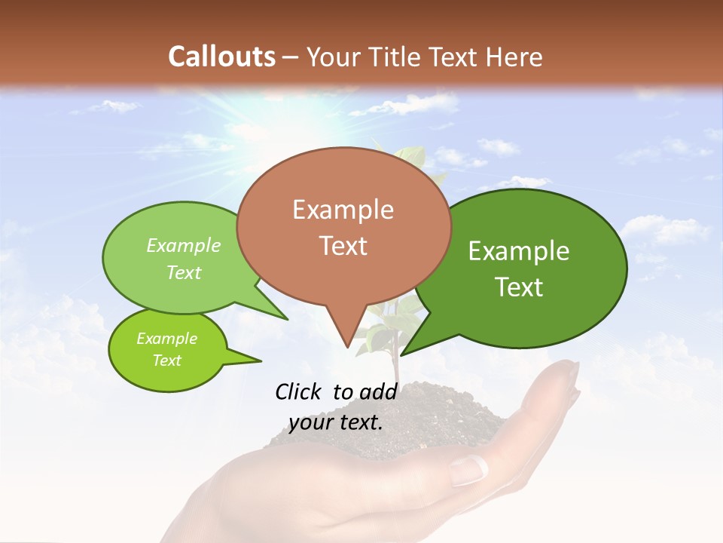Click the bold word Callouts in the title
point(221,57)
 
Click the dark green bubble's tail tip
point(401,355)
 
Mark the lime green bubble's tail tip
point(261,361)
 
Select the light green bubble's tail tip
point(288,320)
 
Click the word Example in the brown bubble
point(343,210)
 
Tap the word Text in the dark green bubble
point(520,287)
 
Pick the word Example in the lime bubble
point(166,339)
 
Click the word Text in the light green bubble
point(184,273)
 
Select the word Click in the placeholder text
point(299,391)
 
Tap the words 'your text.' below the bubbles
point(336,423)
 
